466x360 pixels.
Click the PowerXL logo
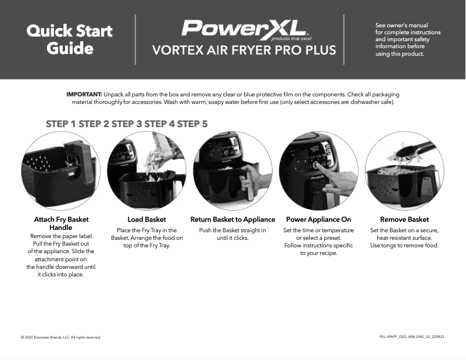[243, 28]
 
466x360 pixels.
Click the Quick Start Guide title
[70, 39]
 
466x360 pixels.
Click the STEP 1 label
[61, 124]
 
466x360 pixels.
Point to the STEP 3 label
[127, 124]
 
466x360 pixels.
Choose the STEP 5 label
[192, 124]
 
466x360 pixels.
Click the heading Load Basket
[146, 219]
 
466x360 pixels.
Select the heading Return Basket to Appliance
[232, 219]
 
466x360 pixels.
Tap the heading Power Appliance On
[318, 219]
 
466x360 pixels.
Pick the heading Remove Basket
[404, 219]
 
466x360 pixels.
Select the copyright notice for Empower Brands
[61, 337]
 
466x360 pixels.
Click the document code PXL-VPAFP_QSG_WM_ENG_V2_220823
[411, 337]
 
